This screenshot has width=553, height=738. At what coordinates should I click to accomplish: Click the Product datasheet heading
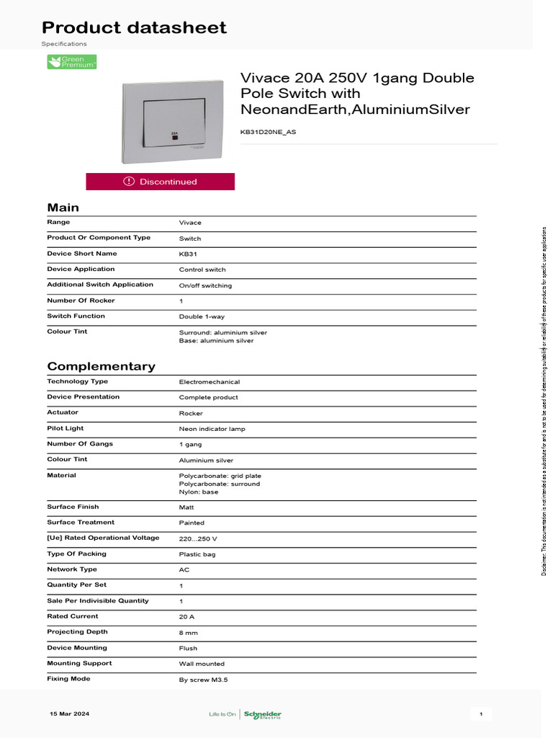point(134,28)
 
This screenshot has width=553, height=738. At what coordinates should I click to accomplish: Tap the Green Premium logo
point(72,62)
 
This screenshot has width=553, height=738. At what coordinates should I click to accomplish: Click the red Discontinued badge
point(160,182)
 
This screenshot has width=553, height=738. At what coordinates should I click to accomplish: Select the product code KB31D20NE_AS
point(268,133)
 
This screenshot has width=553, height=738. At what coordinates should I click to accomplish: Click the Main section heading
point(63,208)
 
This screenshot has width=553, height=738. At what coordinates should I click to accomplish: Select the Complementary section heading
point(101,366)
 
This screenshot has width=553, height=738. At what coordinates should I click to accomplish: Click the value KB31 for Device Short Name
point(188,254)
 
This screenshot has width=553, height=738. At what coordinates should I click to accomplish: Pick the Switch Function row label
point(76,316)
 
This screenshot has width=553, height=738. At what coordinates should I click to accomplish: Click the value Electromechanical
point(210,382)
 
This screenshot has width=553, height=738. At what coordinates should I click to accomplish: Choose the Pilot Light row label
point(66,428)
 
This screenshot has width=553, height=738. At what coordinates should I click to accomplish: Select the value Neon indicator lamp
point(212,429)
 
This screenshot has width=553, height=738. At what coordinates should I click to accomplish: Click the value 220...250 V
point(198,538)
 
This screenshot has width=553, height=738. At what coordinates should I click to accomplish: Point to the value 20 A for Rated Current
point(186,617)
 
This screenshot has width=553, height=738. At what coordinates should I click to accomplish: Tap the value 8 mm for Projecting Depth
point(188,633)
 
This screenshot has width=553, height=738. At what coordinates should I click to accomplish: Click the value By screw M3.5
point(204,680)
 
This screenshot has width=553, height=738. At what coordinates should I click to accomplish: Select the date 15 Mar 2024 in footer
point(69,714)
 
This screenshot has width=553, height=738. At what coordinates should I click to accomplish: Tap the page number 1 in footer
point(480,714)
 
